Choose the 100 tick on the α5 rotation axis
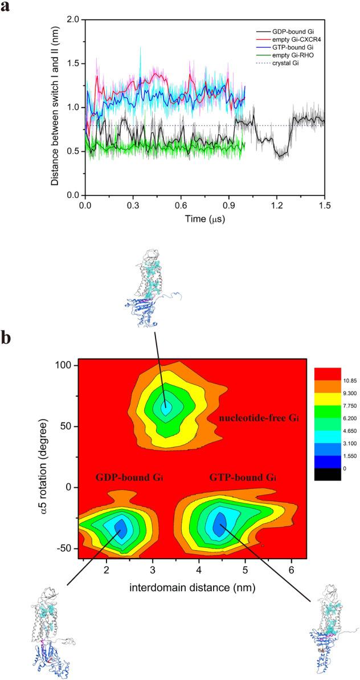67,365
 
